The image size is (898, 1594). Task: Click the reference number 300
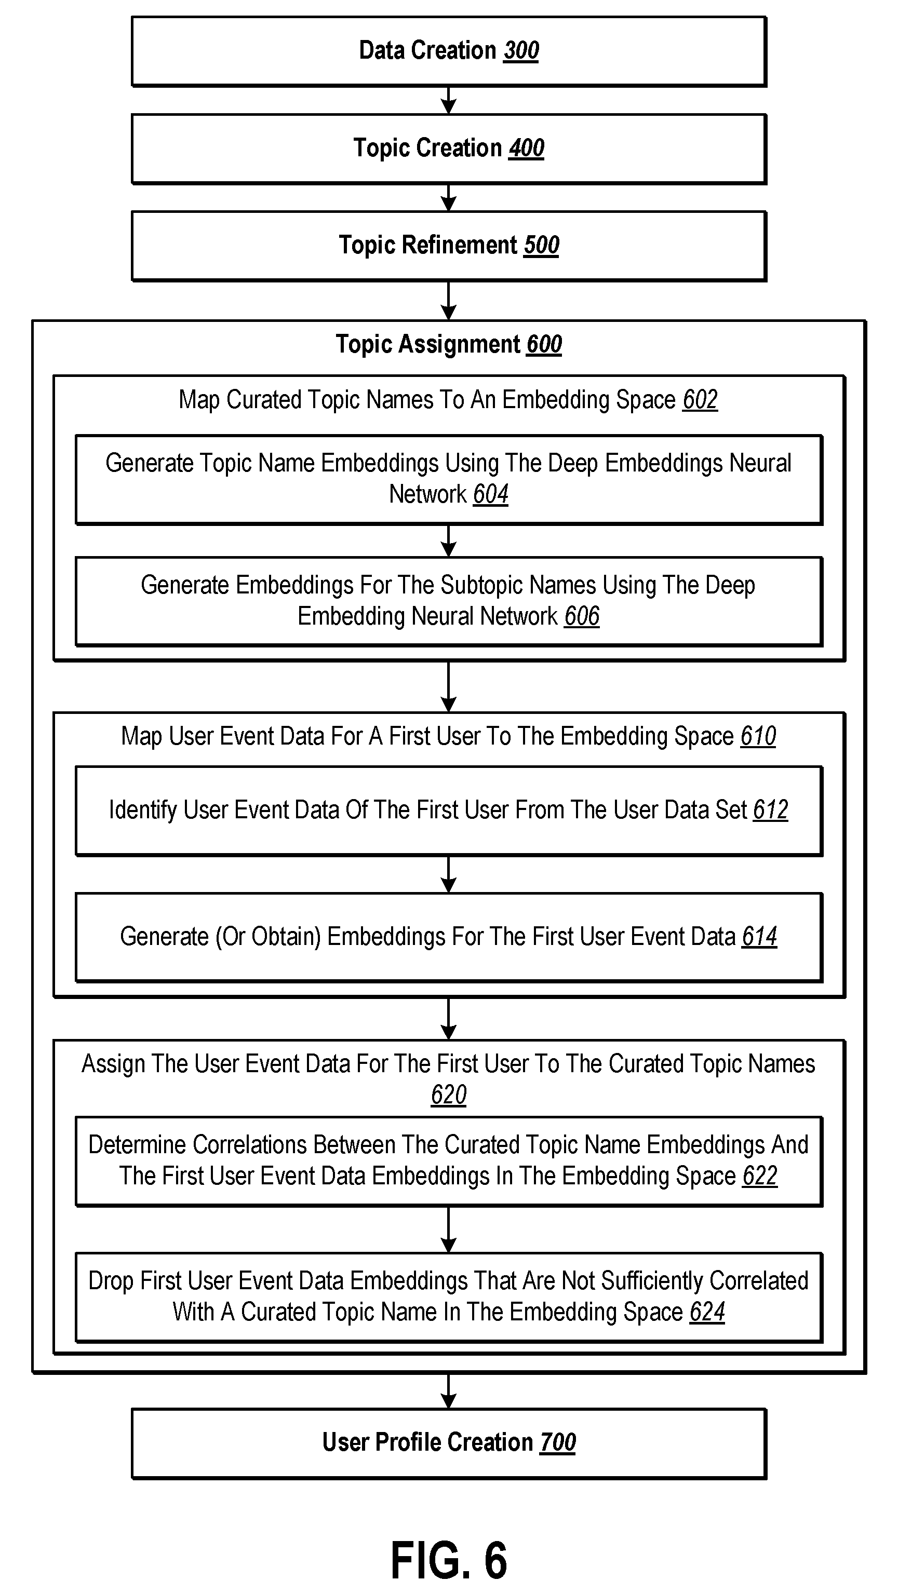521,51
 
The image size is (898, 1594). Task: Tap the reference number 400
527,148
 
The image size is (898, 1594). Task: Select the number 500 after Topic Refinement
542,246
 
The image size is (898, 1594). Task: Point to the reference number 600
544,345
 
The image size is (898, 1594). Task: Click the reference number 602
700,400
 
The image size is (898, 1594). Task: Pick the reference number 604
491,494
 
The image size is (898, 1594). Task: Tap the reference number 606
582,616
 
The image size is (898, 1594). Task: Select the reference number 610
758,736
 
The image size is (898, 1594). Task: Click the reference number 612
771,810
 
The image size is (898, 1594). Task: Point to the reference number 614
759,937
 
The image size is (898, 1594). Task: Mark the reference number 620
449,1095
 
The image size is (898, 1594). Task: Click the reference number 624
707,1313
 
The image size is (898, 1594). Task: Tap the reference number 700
558,1443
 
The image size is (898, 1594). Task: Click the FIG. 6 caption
449,1560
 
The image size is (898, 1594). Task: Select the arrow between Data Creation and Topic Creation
449,100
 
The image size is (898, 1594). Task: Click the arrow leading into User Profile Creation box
449,1392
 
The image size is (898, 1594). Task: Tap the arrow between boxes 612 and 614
449,874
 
